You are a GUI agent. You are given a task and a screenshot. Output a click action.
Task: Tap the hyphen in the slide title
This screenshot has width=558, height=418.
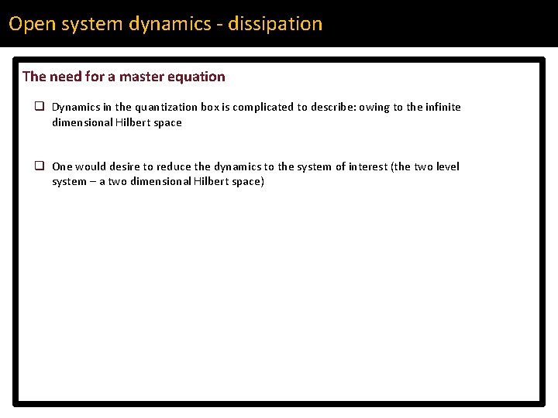(221, 25)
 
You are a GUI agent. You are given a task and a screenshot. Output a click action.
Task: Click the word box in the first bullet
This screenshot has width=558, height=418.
(209, 108)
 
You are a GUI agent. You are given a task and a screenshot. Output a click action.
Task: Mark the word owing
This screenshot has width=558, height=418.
(375, 108)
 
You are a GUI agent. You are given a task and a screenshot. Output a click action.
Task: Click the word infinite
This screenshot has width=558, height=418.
(443, 108)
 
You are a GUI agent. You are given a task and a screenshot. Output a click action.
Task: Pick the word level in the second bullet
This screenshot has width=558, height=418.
(447, 166)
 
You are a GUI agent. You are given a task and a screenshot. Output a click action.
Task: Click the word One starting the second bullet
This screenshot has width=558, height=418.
(62, 166)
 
